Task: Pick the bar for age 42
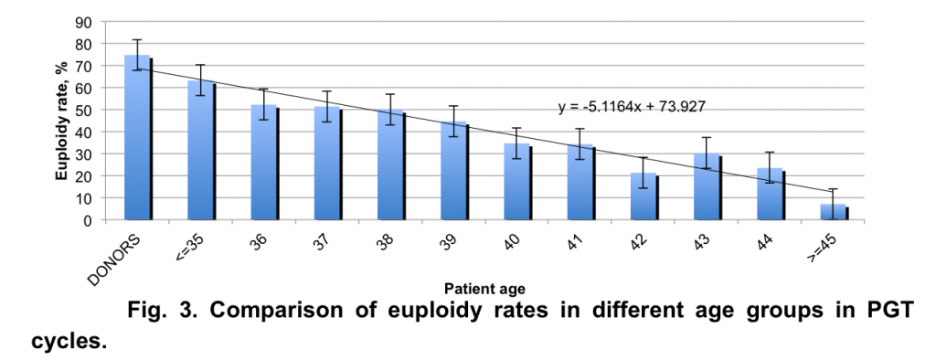pyautogui.click(x=643, y=196)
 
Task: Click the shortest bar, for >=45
pyautogui.click(x=834, y=212)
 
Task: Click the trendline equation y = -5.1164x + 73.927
pyautogui.click(x=632, y=107)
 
